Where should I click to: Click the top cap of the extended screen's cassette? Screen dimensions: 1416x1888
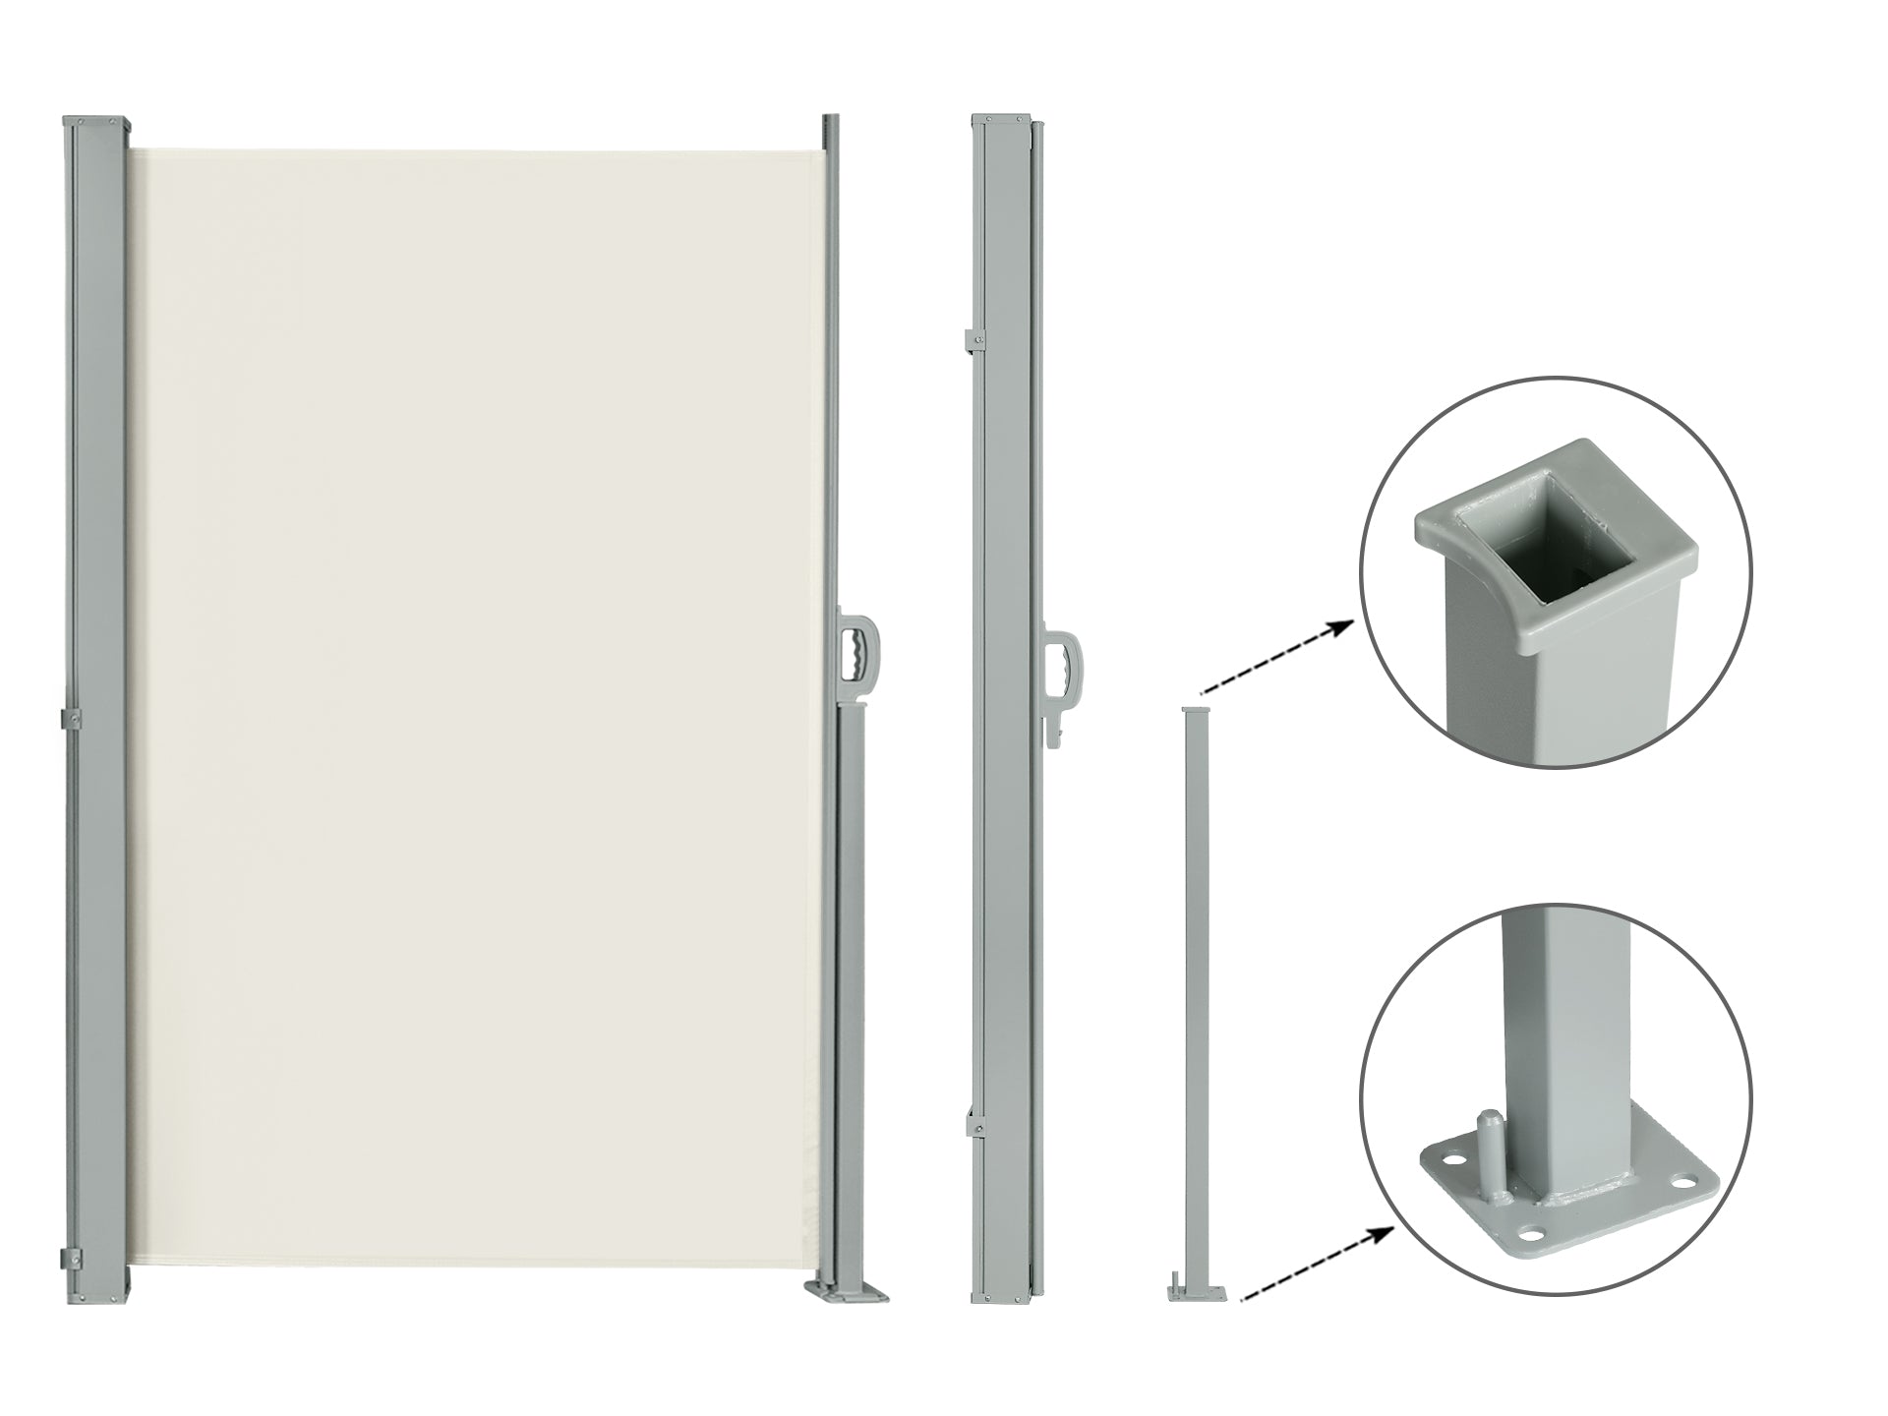(x=96, y=123)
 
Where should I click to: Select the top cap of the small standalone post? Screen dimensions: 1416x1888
(x=1197, y=708)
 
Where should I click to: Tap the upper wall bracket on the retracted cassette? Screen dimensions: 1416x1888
(x=974, y=339)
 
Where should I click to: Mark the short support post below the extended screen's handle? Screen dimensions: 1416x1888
(x=852, y=983)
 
